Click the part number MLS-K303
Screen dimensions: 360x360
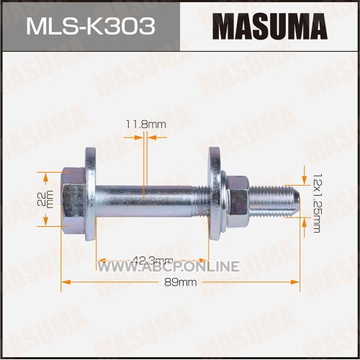[91, 27]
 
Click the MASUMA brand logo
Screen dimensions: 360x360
[270, 27]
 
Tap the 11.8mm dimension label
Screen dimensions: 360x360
[146, 125]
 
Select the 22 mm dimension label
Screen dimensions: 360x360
[45, 199]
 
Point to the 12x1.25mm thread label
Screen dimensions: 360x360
[317, 203]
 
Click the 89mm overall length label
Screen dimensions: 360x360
[181, 282]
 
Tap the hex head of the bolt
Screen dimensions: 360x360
[73, 200]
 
